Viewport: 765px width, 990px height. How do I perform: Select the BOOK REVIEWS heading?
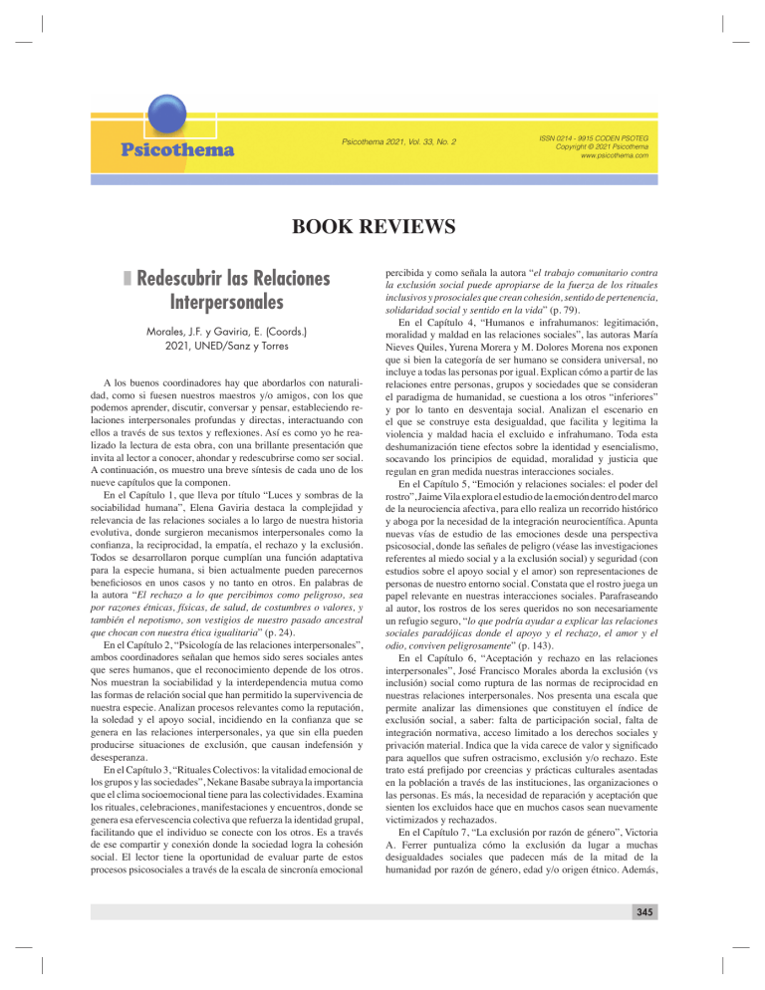point(382,227)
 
